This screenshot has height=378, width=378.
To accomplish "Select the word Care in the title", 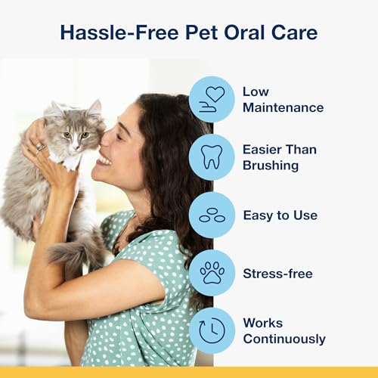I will (x=291, y=32).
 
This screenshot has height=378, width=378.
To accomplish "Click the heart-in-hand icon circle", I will (x=212, y=99).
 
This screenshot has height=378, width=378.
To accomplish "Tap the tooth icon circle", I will (x=212, y=157).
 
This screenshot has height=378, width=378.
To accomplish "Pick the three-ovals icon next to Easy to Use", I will (x=212, y=215).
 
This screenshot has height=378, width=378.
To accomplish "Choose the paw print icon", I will (x=212, y=273).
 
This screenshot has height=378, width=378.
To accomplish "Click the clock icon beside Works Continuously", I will (x=212, y=331).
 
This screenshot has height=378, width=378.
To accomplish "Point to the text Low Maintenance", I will (x=282, y=99).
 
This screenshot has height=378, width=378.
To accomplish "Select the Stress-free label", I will (x=277, y=273).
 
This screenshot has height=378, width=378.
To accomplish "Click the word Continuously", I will (x=283, y=339).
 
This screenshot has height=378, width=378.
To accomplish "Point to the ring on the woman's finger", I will (x=40, y=147).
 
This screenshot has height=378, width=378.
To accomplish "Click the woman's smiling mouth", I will (x=103, y=160).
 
